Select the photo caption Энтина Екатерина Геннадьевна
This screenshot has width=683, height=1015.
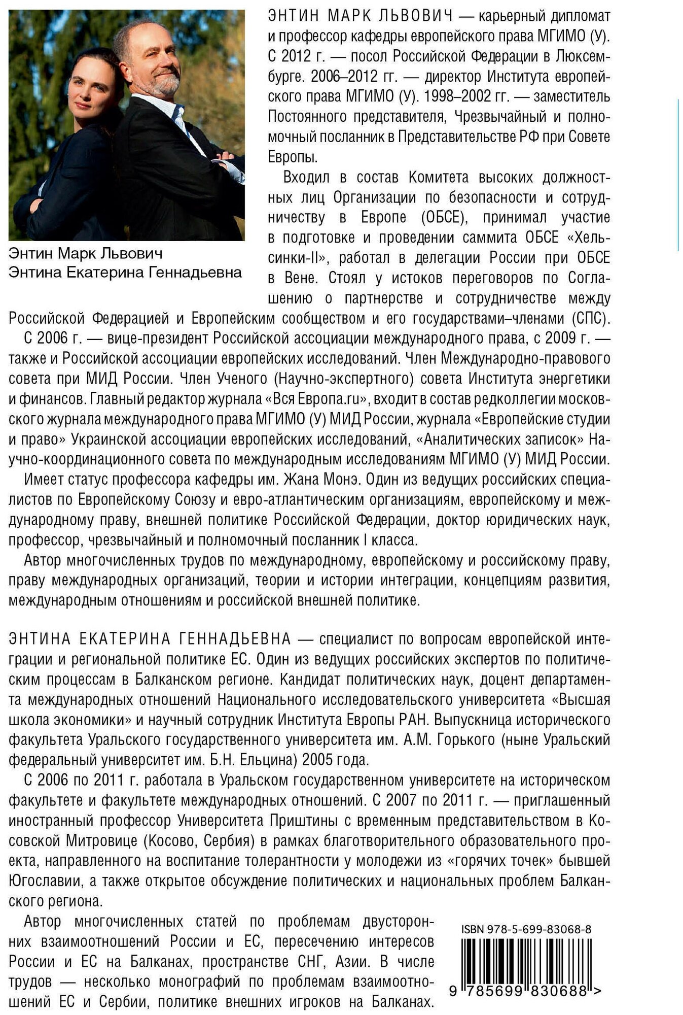pyautogui.click(x=125, y=273)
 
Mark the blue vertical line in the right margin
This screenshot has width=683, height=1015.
pyautogui.click(x=678, y=175)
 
